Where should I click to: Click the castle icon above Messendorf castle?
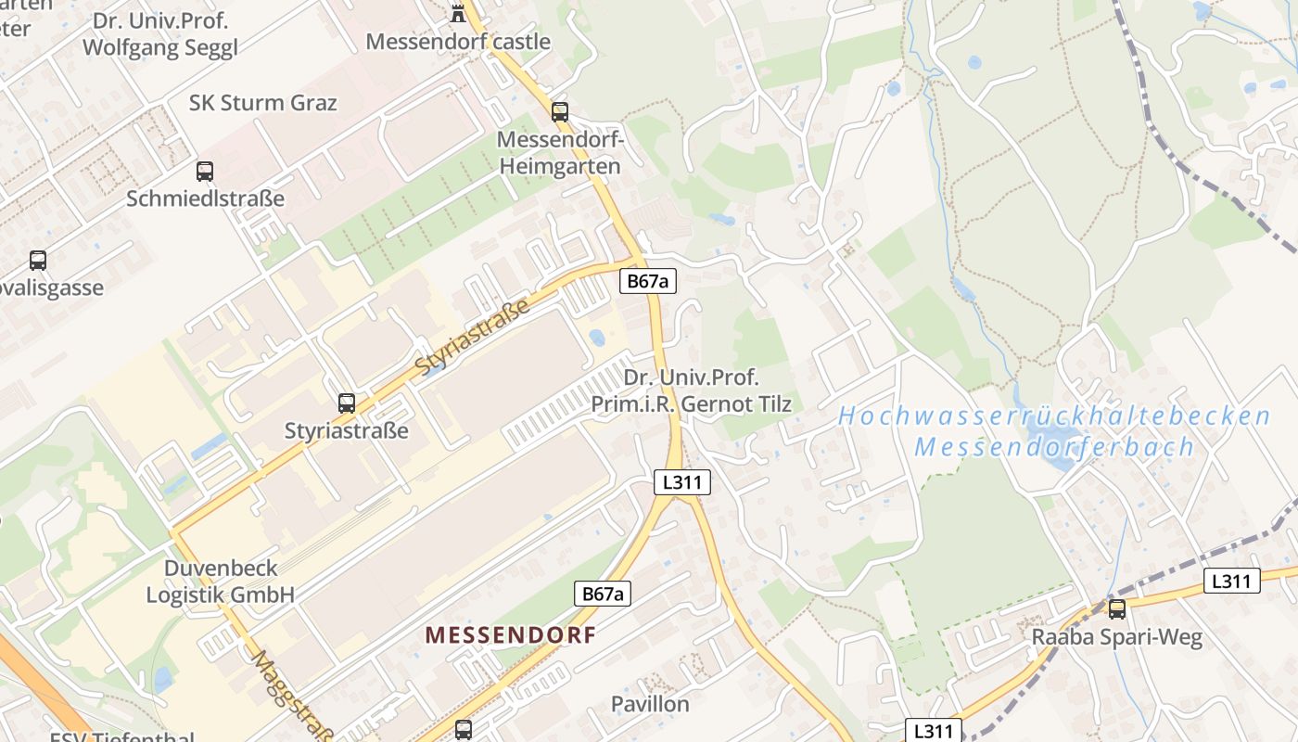(457, 12)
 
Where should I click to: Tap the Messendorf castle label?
(458, 42)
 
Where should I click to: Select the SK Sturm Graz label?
(263, 103)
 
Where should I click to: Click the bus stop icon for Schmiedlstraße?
(205, 172)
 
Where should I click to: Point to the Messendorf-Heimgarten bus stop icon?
(560, 112)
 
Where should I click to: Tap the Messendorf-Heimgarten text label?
(560, 153)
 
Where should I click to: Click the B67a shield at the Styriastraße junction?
(647, 281)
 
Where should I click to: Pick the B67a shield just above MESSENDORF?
(603, 594)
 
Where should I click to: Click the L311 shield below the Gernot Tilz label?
(682, 482)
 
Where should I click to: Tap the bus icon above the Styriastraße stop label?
(347, 403)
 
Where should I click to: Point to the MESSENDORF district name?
(510, 635)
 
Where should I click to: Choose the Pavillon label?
(650, 704)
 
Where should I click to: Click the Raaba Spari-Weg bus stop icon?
(1117, 608)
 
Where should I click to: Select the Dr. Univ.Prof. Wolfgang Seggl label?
(160, 33)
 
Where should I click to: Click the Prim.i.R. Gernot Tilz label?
(691, 403)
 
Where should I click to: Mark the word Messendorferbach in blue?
(1055, 447)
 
